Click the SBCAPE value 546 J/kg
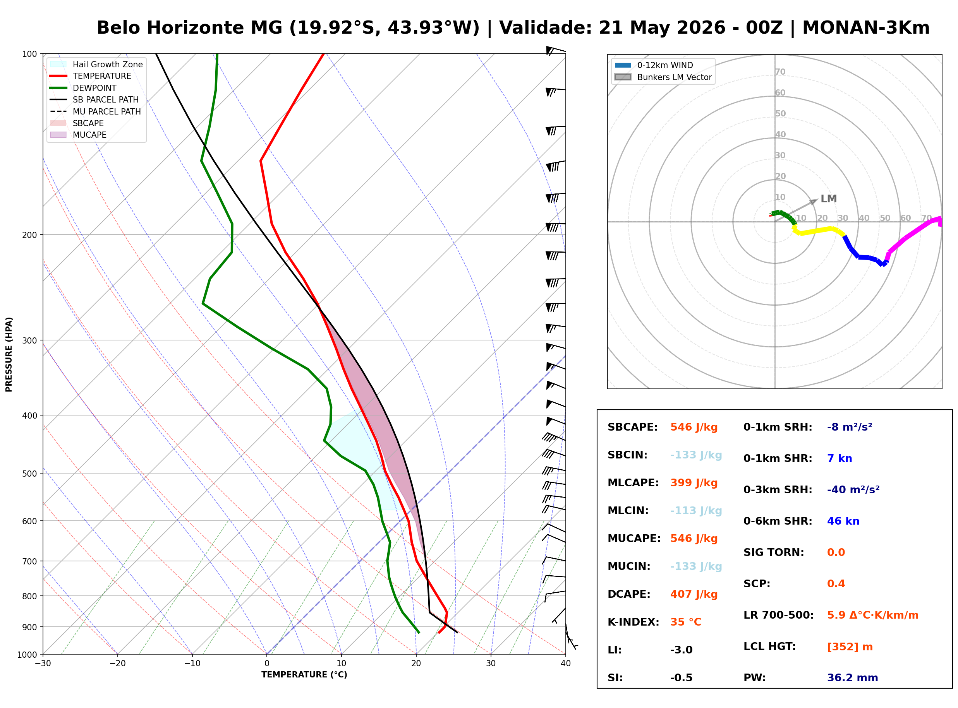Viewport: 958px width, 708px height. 694,427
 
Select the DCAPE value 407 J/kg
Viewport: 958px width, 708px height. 694,594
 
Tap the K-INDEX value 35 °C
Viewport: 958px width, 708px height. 686,622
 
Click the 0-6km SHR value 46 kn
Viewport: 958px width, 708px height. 843,521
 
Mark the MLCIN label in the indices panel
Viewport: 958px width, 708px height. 628,511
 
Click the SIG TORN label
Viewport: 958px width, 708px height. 774,552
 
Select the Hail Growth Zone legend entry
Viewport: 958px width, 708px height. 96,64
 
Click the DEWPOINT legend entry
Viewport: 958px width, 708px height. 83,88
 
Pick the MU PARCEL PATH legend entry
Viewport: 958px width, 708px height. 95,111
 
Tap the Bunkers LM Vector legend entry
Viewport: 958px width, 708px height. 663,77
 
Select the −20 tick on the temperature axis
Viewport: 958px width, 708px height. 117,664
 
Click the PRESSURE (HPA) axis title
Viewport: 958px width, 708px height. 9,354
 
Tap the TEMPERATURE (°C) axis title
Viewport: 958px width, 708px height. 304,675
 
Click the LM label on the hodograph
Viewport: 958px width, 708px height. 829,199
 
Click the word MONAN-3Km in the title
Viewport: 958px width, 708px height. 866,28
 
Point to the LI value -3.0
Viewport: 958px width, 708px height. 682,650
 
